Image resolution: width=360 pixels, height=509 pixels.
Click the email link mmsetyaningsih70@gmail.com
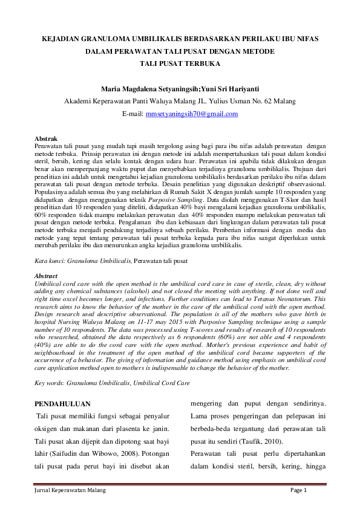click(x=192, y=114)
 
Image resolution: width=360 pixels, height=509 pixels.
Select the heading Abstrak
click(x=46, y=139)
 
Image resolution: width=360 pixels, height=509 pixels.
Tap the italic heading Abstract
click(x=47, y=276)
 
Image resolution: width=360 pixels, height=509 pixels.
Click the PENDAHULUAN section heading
click(x=62, y=403)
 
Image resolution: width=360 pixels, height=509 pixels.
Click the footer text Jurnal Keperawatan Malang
click(x=69, y=490)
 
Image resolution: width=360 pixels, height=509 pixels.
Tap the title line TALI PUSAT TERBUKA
click(x=180, y=63)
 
